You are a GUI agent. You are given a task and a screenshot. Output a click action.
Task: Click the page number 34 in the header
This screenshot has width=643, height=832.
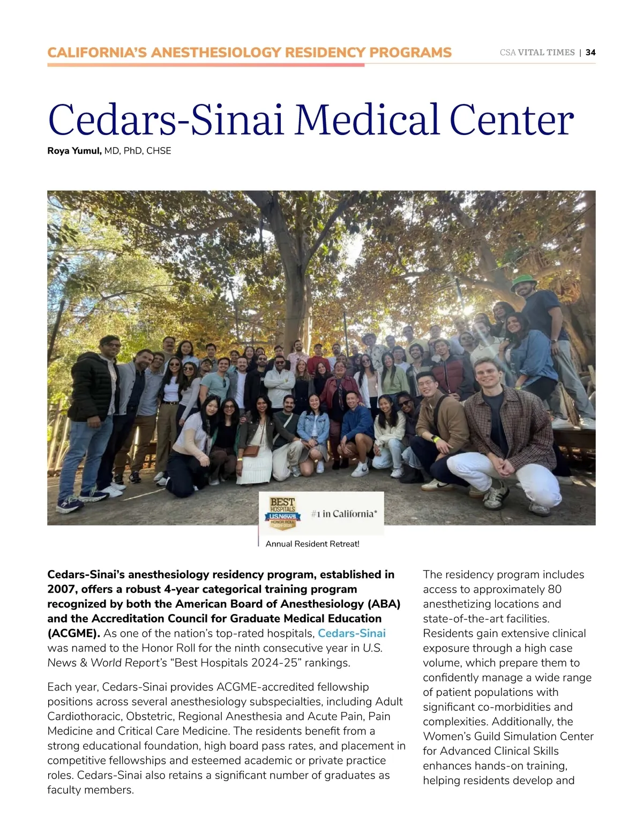[590, 53]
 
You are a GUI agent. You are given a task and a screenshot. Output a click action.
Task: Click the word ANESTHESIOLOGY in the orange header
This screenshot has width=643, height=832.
[216, 53]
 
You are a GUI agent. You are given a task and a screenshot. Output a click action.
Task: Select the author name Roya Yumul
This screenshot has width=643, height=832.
[74, 151]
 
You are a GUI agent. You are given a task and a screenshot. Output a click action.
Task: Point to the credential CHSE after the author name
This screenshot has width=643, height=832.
[159, 151]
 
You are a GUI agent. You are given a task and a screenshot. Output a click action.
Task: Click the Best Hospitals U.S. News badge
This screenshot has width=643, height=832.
[283, 513]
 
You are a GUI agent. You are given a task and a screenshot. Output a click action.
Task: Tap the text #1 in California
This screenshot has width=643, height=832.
[343, 514]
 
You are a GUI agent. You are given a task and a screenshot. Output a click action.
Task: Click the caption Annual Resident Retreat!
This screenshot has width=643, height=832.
[312, 544]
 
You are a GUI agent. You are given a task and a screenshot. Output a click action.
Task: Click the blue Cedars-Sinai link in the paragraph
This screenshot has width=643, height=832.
[352, 633]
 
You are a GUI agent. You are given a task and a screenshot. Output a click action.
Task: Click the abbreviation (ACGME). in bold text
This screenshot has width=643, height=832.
[73, 633]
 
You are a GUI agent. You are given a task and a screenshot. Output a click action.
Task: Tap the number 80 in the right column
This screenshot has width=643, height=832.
[555, 589]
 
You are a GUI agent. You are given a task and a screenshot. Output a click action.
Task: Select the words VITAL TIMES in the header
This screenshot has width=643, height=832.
[546, 53]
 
